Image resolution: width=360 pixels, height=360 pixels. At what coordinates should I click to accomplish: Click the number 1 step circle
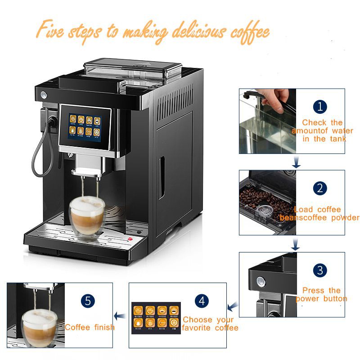(x=320, y=107)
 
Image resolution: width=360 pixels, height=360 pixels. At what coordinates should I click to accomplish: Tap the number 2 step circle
(x=320, y=188)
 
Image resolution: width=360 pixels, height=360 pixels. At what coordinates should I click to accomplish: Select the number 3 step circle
(x=320, y=270)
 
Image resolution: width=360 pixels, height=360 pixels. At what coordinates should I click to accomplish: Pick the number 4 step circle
(x=202, y=301)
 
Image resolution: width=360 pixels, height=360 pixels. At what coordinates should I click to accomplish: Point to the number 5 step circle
(x=87, y=301)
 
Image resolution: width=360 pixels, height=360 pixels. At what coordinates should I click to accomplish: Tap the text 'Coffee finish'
(x=90, y=327)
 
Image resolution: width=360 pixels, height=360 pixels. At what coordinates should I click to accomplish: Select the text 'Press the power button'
(x=321, y=294)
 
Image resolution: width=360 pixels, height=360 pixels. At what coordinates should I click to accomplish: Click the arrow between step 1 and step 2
(x=296, y=162)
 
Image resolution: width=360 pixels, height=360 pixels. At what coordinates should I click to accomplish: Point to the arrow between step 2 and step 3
(x=295, y=243)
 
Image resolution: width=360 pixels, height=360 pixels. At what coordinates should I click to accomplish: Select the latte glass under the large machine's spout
(x=87, y=212)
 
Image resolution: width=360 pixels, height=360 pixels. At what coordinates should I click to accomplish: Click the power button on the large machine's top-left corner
(x=43, y=95)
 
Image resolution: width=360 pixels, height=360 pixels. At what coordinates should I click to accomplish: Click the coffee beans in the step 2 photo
(x=261, y=198)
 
